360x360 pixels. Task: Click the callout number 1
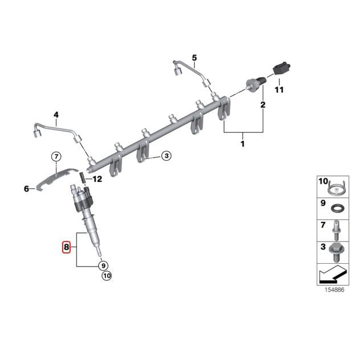point(242,144)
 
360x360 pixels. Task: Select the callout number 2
point(263,105)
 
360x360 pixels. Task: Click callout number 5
point(194,58)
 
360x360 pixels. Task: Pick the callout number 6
point(26,189)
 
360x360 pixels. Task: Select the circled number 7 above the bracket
point(56,157)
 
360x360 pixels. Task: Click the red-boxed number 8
point(67,247)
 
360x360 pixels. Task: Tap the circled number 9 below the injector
point(103,265)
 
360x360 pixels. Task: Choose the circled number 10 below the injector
point(107,277)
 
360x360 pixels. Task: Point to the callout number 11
point(279,89)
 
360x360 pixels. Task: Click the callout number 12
point(97,179)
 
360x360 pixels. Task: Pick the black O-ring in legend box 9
point(337,207)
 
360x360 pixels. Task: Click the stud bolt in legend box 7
point(336,230)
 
